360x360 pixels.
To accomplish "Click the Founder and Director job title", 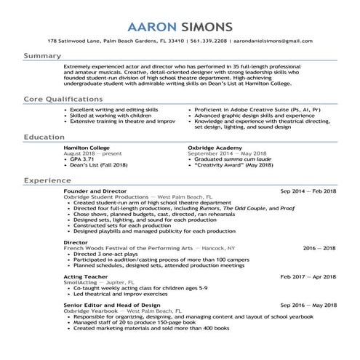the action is click(95, 190).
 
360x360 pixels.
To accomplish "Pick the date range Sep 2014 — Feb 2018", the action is click(308, 190).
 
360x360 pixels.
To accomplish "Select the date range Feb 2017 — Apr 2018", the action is click(308, 276).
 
